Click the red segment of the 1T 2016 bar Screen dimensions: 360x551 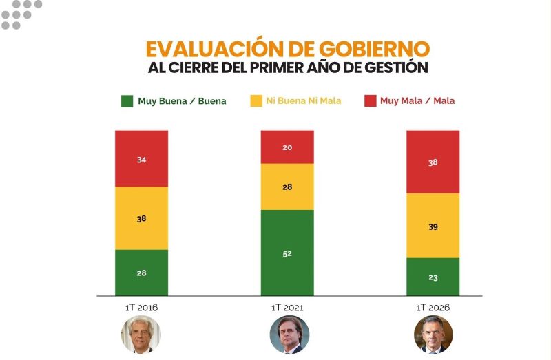[x=141, y=158]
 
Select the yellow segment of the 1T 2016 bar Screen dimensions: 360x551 [x=141, y=218]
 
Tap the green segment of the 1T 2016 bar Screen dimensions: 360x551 [x=141, y=273]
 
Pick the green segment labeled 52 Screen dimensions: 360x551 [x=287, y=253]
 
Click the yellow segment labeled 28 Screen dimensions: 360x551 [x=287, y=187]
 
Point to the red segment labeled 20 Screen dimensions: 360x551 [x=287, y=147]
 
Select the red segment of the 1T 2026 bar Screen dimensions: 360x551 [x=433, y=162]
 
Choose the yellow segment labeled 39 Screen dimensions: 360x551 [x=433, y=226]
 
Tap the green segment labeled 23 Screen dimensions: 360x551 [x=433, y=277]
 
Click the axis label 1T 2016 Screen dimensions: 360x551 [x=141, y=308]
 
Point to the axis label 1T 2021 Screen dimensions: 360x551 [x=287, y=308]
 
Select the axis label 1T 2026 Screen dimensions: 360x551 [x=433, y=308]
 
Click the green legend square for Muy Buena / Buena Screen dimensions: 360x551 [x=127, y=101]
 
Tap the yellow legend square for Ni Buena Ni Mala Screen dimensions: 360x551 [x=255, y=101]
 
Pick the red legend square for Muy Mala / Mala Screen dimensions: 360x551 [x=370, y=101]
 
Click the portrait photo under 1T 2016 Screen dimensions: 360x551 [x=141, y=335]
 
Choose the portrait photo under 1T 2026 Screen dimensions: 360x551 [x=433, y=335]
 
